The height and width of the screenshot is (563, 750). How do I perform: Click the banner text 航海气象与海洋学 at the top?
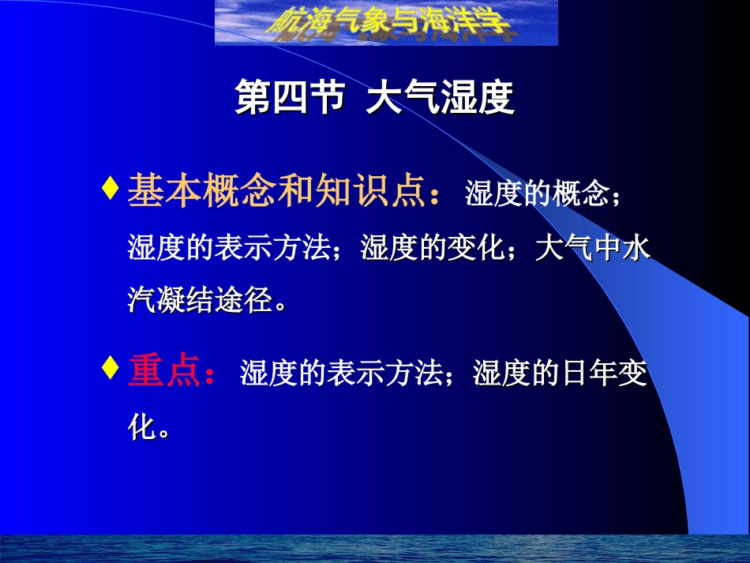point(386,24)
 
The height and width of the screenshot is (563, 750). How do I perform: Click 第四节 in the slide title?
point(290,100)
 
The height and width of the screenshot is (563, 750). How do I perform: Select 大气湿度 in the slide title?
point(440,100)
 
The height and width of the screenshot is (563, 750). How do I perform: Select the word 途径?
point(243,300)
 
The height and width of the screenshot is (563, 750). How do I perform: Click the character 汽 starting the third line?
point(141,300)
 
